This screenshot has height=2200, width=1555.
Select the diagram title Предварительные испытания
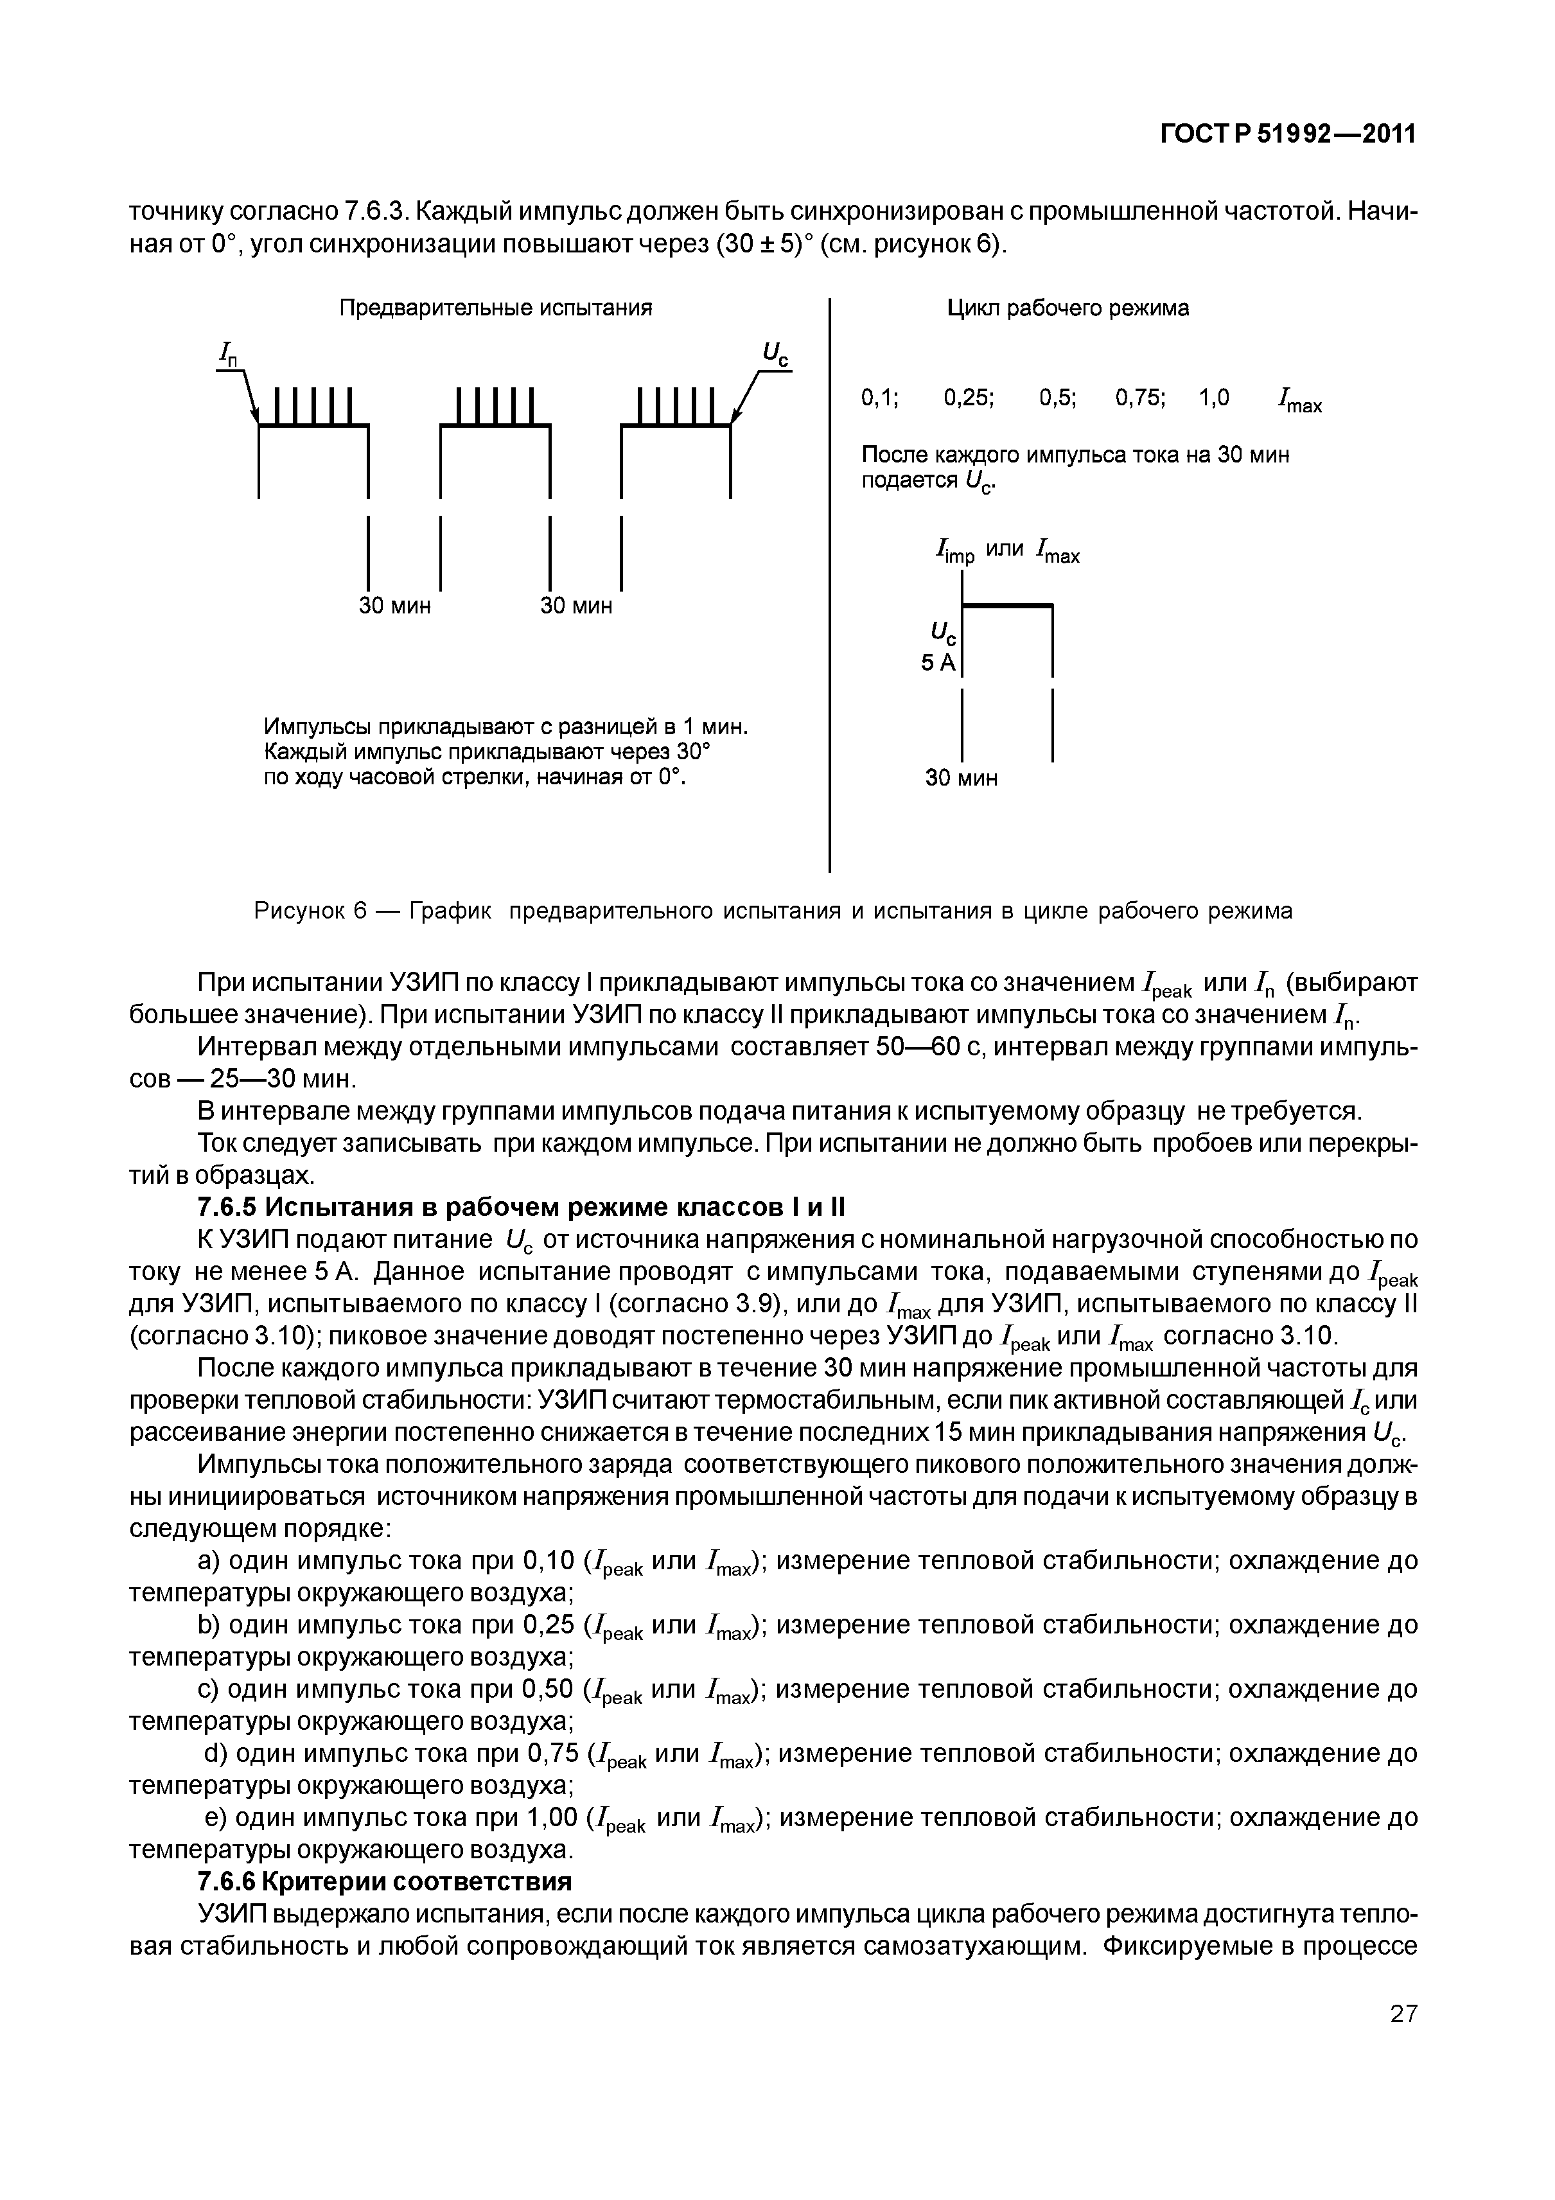tap(495, 308)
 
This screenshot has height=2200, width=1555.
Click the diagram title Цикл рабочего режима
tap(1067, 308)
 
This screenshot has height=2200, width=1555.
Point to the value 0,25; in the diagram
tap(969, 398)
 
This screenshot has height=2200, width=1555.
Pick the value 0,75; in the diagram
tap(1140, 398)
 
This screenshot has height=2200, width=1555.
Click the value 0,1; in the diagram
tap(879, 398)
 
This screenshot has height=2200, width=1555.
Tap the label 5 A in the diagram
tap(938, 662)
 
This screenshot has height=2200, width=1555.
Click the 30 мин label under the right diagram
tap(961, 778)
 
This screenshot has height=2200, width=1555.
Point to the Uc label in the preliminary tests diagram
tap(775, 355)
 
